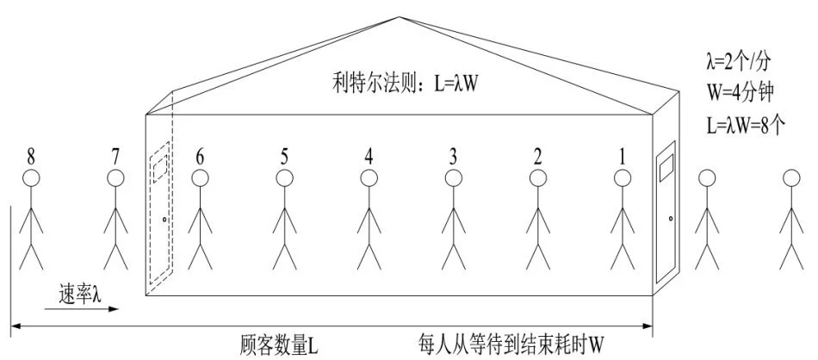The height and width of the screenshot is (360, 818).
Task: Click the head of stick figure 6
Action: (x=200, y=178)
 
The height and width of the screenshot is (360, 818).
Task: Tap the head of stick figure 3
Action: (x=453, y=178)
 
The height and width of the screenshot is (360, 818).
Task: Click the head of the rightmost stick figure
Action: (x=790, y=178)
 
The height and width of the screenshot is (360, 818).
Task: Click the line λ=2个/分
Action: (x=741, y=61)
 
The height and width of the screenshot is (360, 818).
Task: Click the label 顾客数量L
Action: (x=280, y=346)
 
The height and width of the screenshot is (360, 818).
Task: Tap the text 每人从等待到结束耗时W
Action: (x=511, y=346)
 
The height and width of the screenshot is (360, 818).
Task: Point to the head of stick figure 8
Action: (x=31, y=178)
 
